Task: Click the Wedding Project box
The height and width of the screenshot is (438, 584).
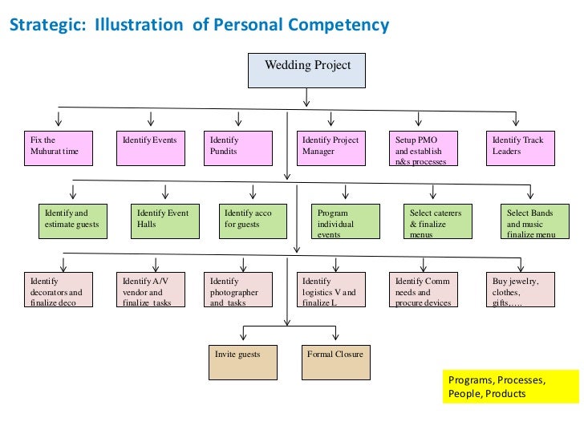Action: pos(306,70)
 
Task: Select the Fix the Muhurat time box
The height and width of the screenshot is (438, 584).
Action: pos(57,148)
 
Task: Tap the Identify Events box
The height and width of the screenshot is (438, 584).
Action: pos(149,148)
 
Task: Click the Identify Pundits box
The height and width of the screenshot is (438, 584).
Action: pos(237,148)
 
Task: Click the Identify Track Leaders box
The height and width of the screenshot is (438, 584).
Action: pos(520,148)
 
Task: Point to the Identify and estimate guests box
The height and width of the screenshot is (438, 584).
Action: pos(73,221)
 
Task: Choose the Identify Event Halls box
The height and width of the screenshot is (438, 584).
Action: pos(164,221)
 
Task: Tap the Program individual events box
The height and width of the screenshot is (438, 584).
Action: pos(345,221)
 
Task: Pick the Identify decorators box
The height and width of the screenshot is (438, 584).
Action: pos(57,290)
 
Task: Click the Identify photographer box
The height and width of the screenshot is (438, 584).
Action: pos(238,290)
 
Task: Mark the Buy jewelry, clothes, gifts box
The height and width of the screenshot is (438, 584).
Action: pos(521,290)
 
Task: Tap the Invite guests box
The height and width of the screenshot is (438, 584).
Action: pos(241,362)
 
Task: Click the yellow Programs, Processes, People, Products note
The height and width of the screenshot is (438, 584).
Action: pos(509,387)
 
